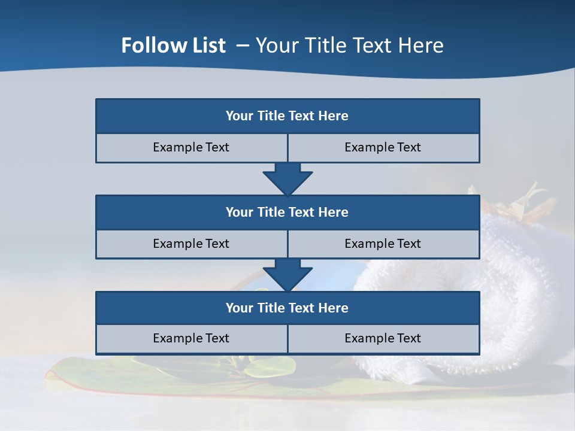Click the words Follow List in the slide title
173,45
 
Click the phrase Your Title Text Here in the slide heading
350,45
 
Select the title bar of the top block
287,116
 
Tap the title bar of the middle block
287,212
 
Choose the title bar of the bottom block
287,308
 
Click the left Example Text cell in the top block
191,147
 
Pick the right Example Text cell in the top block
383,147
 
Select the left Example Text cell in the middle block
191,244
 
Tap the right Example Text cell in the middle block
383,244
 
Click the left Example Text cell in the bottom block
191,338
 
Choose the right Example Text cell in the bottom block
383,338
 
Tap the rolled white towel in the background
521,281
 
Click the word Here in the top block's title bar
334,116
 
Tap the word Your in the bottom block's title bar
240,308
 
